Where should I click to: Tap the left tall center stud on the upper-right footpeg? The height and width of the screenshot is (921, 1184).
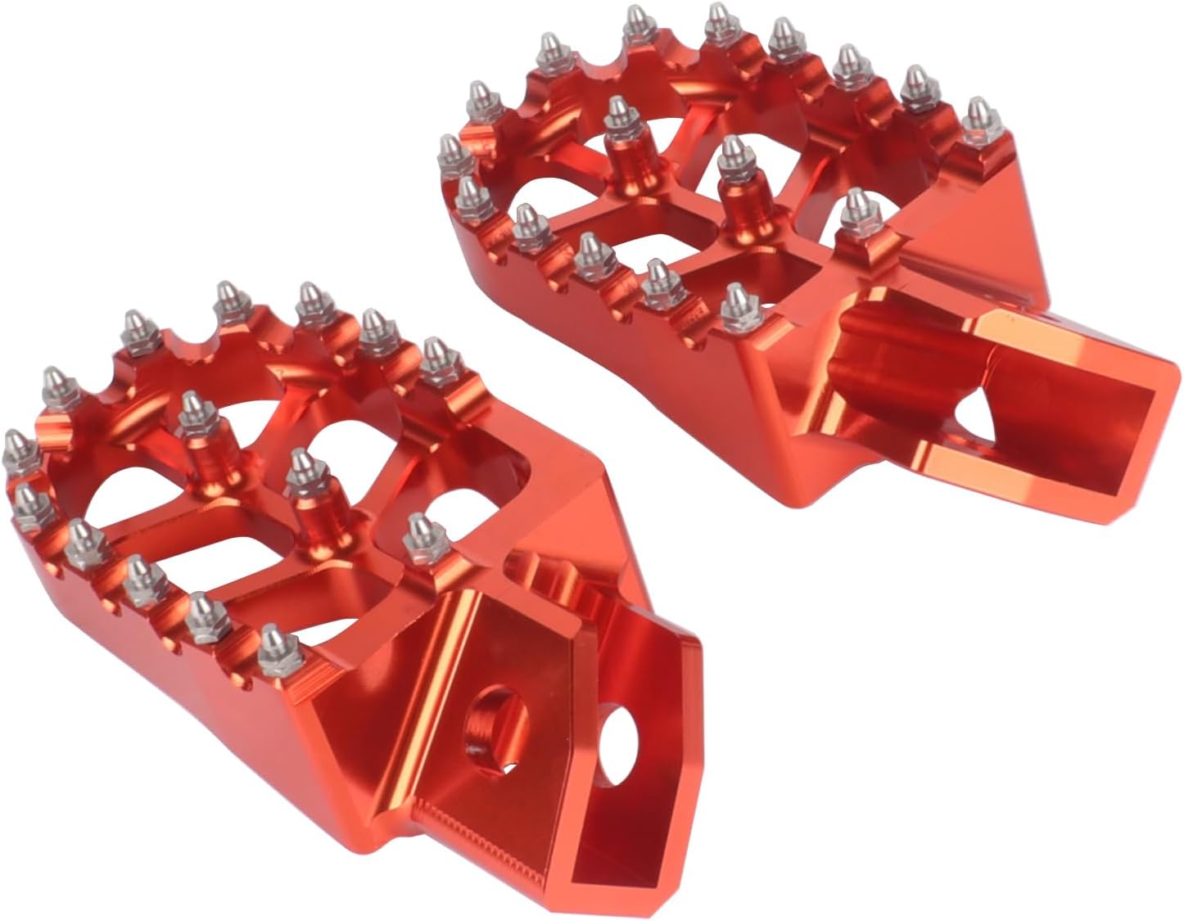pos(619,115)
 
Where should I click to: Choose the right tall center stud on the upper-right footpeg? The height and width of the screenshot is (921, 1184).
pos(731,156)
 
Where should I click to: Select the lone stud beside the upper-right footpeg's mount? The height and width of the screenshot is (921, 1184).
pos(856,208)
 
